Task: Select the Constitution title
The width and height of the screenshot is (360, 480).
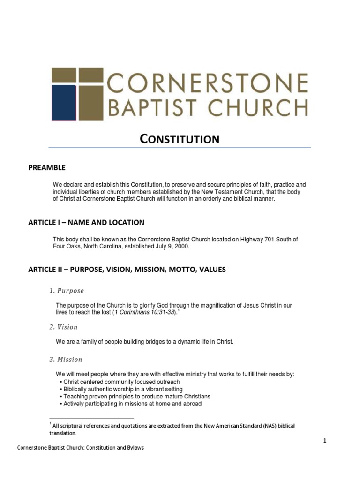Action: pos(180,139)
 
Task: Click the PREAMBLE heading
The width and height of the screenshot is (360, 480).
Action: pos(47,167)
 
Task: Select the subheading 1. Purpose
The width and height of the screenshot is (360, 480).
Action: pos(67,291)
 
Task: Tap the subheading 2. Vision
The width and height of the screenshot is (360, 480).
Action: pos(64,327)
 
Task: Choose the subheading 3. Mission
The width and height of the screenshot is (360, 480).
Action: pos(66,360)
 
